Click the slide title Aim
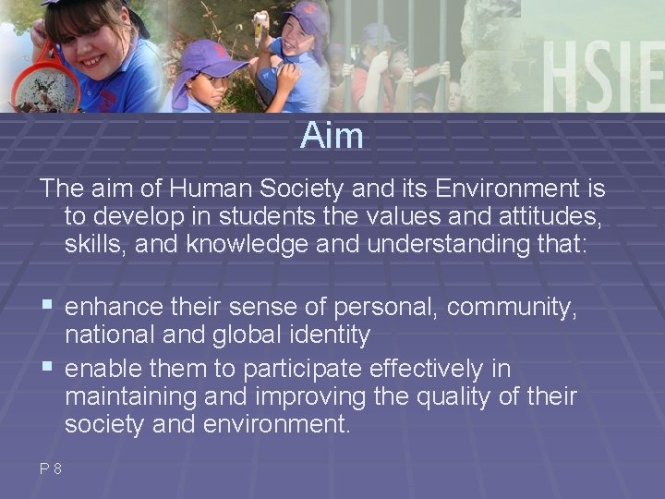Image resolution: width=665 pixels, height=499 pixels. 332,137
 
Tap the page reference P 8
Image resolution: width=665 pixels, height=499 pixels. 50,469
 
